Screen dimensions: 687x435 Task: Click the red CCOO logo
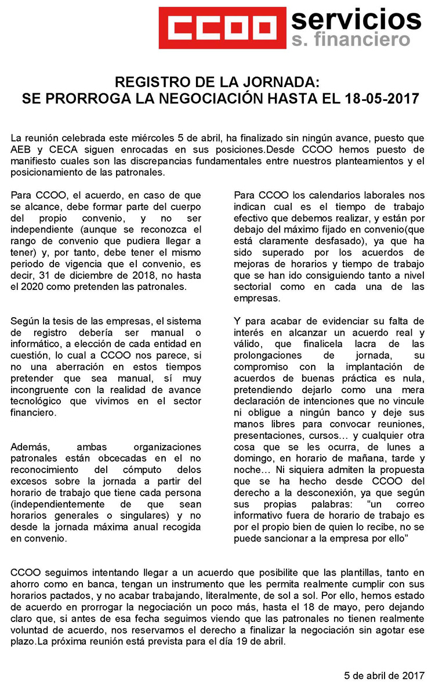227,27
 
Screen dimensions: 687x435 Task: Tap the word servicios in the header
356,20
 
